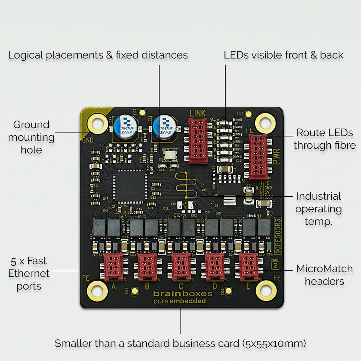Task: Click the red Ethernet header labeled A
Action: [x=113, y=267]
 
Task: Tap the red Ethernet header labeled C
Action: [x=181, y=267]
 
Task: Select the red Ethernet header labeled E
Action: [x=249, y=267]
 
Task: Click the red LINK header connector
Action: [x=197, y=141]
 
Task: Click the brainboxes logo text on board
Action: [x=183, y=294]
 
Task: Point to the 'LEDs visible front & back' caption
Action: [x=283, y=55]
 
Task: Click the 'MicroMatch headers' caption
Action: [x=324, y=275]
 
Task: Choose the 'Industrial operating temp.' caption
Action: [x=318, y=209]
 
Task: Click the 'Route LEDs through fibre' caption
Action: [x=324, y=139]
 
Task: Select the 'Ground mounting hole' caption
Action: [x=31, y=137]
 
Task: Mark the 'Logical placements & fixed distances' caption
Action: [x=98, y=55]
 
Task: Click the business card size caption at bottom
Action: [x=180, y=343]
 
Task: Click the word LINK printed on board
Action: [x=197, y=113]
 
